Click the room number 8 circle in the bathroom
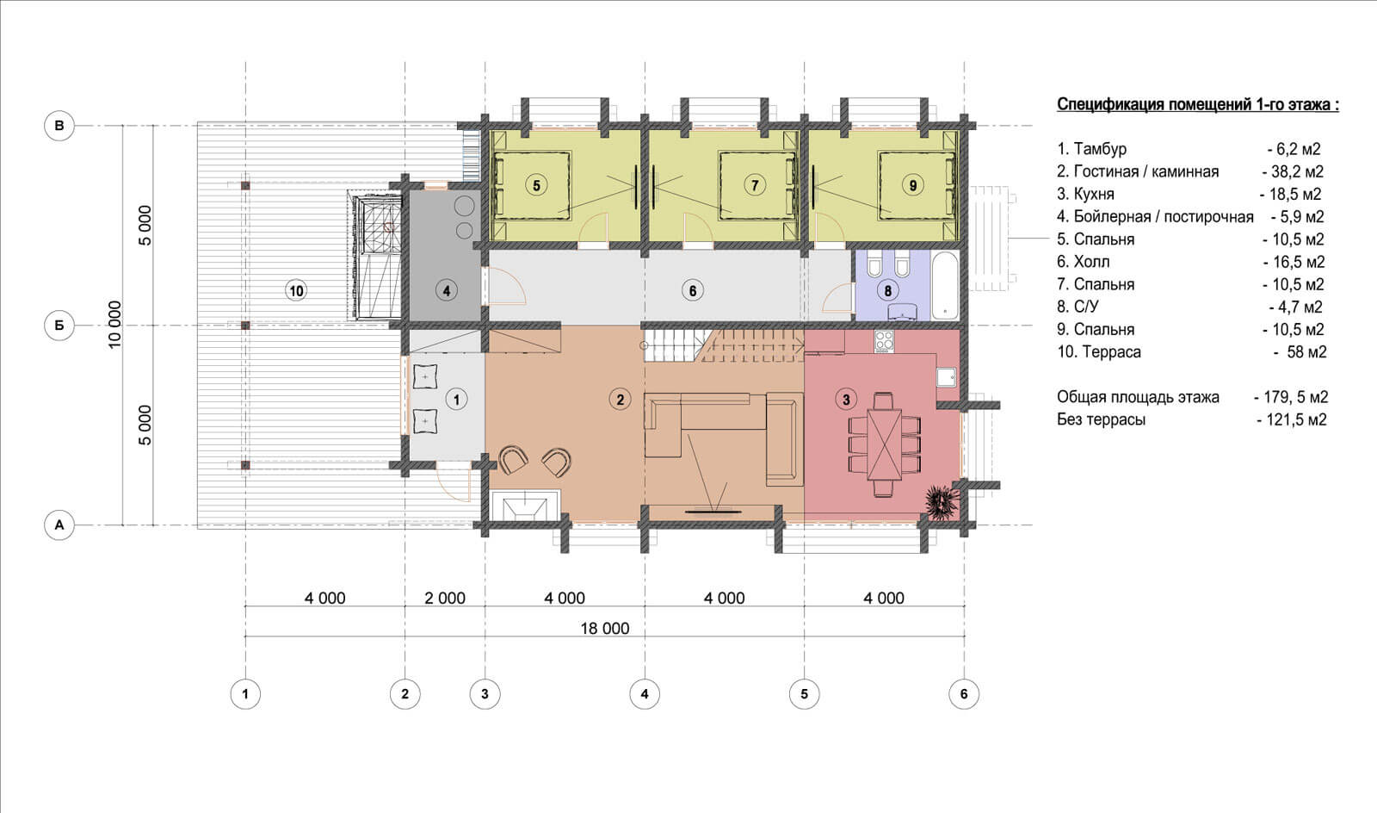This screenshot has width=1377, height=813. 887,290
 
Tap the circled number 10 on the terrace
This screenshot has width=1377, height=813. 296,290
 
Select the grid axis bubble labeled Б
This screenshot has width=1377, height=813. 59,326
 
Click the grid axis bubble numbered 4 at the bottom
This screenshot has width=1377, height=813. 645,693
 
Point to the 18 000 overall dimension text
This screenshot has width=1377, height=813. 605,628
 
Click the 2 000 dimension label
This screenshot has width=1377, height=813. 444,598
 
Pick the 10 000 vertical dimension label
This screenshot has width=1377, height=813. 115,325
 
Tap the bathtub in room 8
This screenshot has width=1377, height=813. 946,285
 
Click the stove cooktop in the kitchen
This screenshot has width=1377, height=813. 884,341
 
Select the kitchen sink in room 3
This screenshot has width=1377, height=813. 947,376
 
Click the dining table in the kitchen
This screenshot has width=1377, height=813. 885,445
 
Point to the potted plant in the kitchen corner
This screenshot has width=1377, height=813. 942,503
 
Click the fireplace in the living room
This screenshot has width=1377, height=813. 525,506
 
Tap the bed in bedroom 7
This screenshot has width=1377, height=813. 754,185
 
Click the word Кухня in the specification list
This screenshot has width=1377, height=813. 1094,195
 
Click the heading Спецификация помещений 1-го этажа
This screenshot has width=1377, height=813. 1197,104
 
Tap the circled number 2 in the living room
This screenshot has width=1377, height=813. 620,400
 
